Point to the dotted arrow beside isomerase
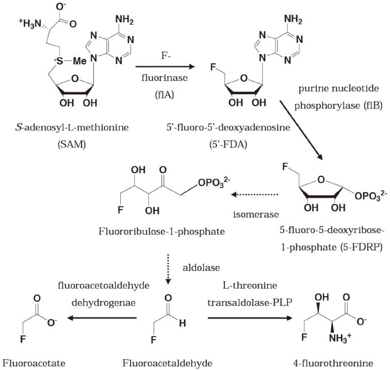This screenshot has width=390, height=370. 255,195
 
